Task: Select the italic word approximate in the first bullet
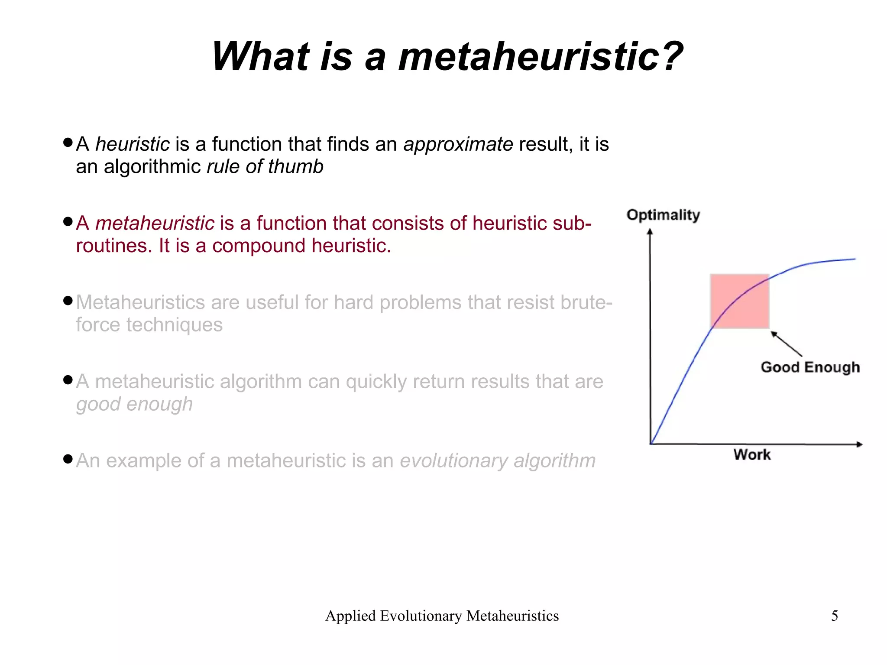click(458, 144)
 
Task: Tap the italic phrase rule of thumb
click(265, 167)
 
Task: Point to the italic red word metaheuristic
click(155, 224)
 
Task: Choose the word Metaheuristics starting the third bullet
click(140, 302)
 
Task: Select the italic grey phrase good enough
click(134, 404)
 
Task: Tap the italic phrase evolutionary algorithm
click(498, 461)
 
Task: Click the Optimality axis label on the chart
click(663, 215)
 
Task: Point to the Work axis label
click(752, 455)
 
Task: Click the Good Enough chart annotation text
click(810, 367)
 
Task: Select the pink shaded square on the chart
click(740, 301)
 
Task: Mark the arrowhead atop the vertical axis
click(650, 232)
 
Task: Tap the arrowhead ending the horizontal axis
click(859, 444)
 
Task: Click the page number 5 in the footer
click(835, 616)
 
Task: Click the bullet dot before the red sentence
click(68, 222)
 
